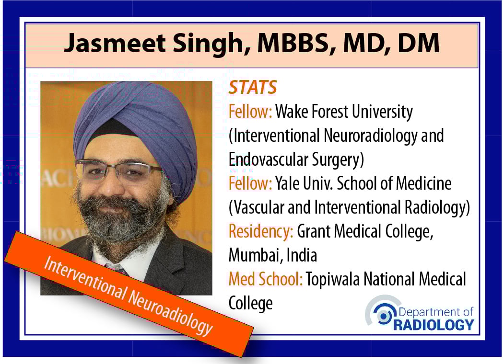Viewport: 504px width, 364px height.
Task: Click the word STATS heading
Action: [253, 87]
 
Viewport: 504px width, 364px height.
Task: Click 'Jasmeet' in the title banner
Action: [115, 43]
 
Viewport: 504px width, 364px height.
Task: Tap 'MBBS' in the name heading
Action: [296, 43]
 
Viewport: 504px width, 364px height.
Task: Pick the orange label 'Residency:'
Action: [261, 232]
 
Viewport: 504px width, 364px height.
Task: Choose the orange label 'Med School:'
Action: [266, 279]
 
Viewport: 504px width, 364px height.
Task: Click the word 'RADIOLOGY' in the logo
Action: [434, 325]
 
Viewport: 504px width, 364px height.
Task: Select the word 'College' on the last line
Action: [250, 304]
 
